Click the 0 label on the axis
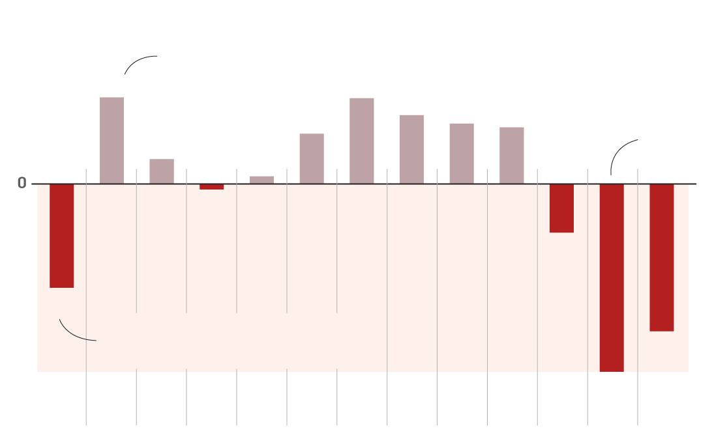point(22,184)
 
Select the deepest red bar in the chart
point(612,277)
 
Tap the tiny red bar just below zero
point(212,187)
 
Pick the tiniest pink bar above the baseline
point(261,180)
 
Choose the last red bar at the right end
point(661,257)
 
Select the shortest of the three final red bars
point(561,208)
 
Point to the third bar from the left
point(162,171)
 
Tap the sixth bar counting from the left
point(312,159)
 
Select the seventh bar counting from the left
point(362,141)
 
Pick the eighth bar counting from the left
point(411,150)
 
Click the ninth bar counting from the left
point(462,154)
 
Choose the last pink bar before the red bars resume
point(512,156)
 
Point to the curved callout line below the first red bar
point(73,334)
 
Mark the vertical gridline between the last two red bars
point(638,397)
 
